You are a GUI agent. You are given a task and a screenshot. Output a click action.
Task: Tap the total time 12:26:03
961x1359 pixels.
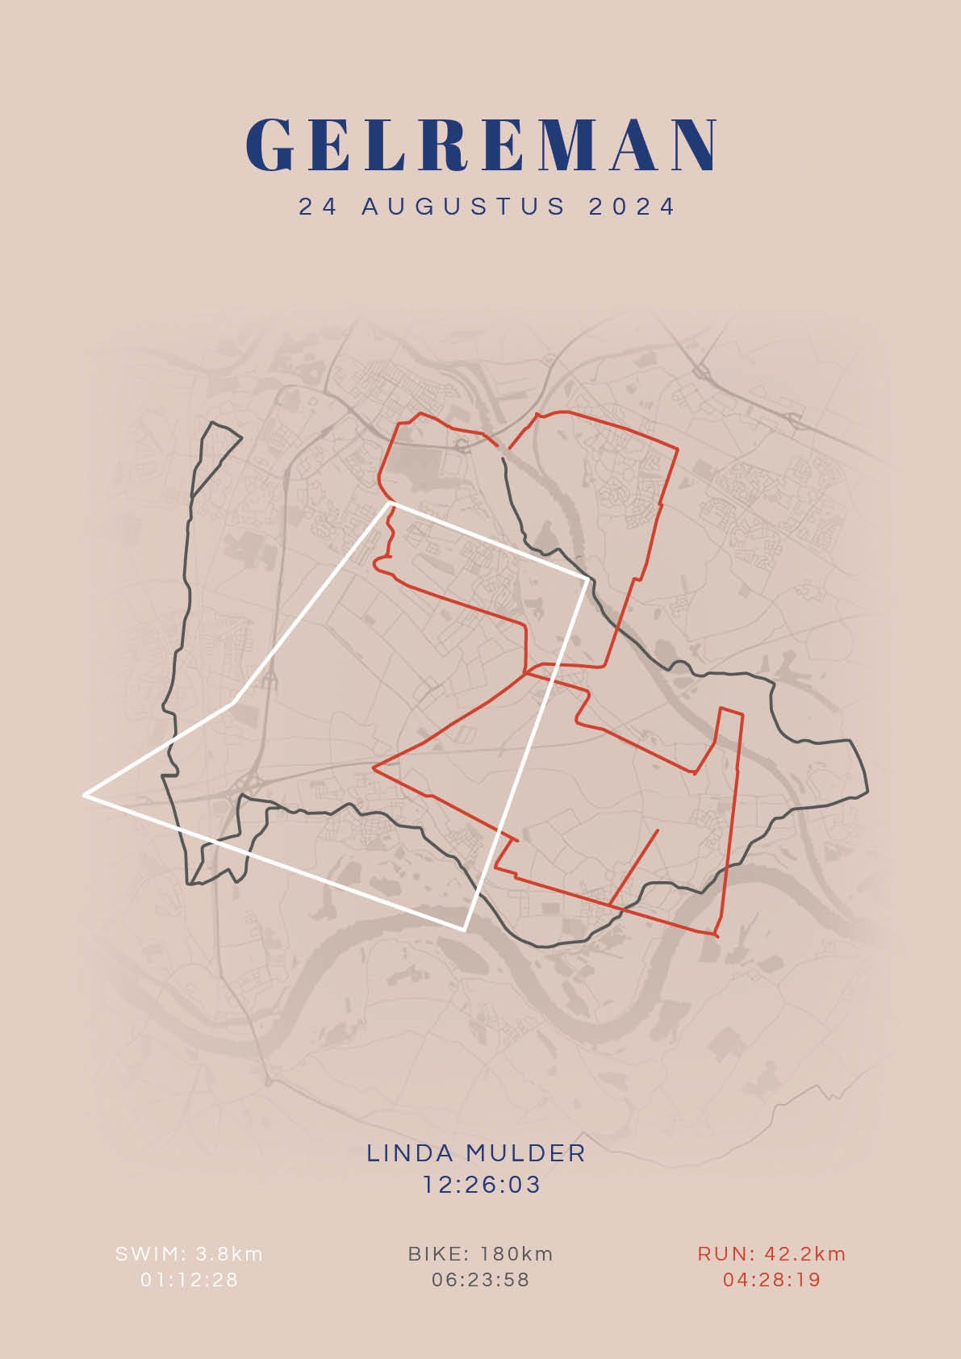[x=482, y=1185]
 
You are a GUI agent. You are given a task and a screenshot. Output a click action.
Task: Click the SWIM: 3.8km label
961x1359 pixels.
[x=190, y=1254]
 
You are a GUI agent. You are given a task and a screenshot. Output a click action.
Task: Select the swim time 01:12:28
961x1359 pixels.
[x=190, y=1280]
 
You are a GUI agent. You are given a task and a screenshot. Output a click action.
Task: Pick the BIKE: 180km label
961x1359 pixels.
[x=481, y=1254]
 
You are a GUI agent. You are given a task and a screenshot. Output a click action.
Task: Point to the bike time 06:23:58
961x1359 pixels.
[x=481, y=1280]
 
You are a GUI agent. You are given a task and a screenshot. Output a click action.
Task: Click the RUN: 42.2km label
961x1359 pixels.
[x=772, y=1254]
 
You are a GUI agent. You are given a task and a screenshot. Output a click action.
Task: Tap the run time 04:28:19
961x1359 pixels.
[x=772, y=1280]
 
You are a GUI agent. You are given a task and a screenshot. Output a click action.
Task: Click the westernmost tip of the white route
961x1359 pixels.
[x=85, y=796]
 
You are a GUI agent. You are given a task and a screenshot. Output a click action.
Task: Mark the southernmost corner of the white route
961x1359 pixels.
[x=464, y=930]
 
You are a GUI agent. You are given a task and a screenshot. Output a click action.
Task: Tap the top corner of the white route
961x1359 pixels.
[x=392, y=504]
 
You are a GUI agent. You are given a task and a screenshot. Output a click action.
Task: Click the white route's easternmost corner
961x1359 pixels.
[x=587, y=578]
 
